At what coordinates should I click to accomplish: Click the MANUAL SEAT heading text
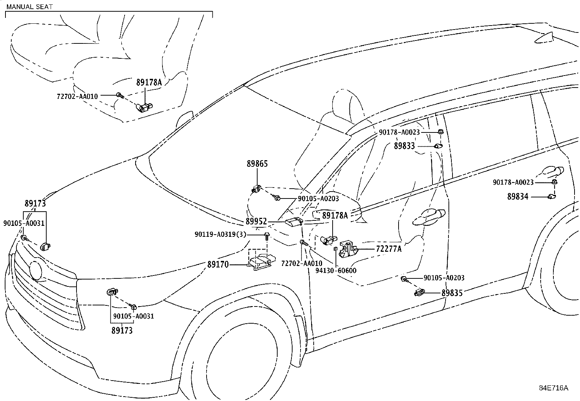(29, 7)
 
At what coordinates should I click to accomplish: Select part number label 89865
(257, 164)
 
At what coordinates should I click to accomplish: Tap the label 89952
(256, 221)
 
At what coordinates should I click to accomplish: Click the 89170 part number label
(218, 265)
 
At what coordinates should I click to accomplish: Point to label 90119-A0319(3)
(220, 234)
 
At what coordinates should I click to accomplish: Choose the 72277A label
(389, 249)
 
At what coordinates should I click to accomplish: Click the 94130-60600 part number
(336, 270)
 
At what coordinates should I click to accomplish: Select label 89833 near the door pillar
(404, 146)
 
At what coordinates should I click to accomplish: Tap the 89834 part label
(518, 197)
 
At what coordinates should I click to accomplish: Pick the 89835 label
(452, 293)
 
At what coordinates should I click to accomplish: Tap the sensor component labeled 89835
(419, 292)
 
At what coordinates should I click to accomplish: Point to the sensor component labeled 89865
(256, 189)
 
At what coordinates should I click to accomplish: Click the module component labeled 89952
(294, 221)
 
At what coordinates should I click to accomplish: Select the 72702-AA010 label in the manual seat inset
(77, 96)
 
